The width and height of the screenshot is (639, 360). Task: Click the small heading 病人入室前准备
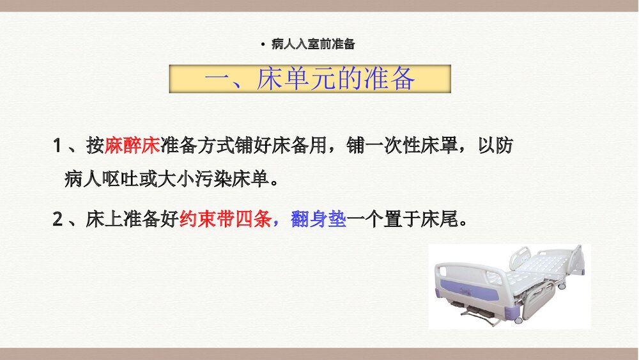[312, 44]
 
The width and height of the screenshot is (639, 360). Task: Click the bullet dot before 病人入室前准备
[263, 44]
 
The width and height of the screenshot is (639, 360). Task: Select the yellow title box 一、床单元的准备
[310, 79]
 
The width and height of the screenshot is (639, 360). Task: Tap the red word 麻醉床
[132, 146]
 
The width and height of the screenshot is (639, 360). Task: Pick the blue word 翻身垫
[318, 220]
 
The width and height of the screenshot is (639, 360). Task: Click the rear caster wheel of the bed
[561, 286]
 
